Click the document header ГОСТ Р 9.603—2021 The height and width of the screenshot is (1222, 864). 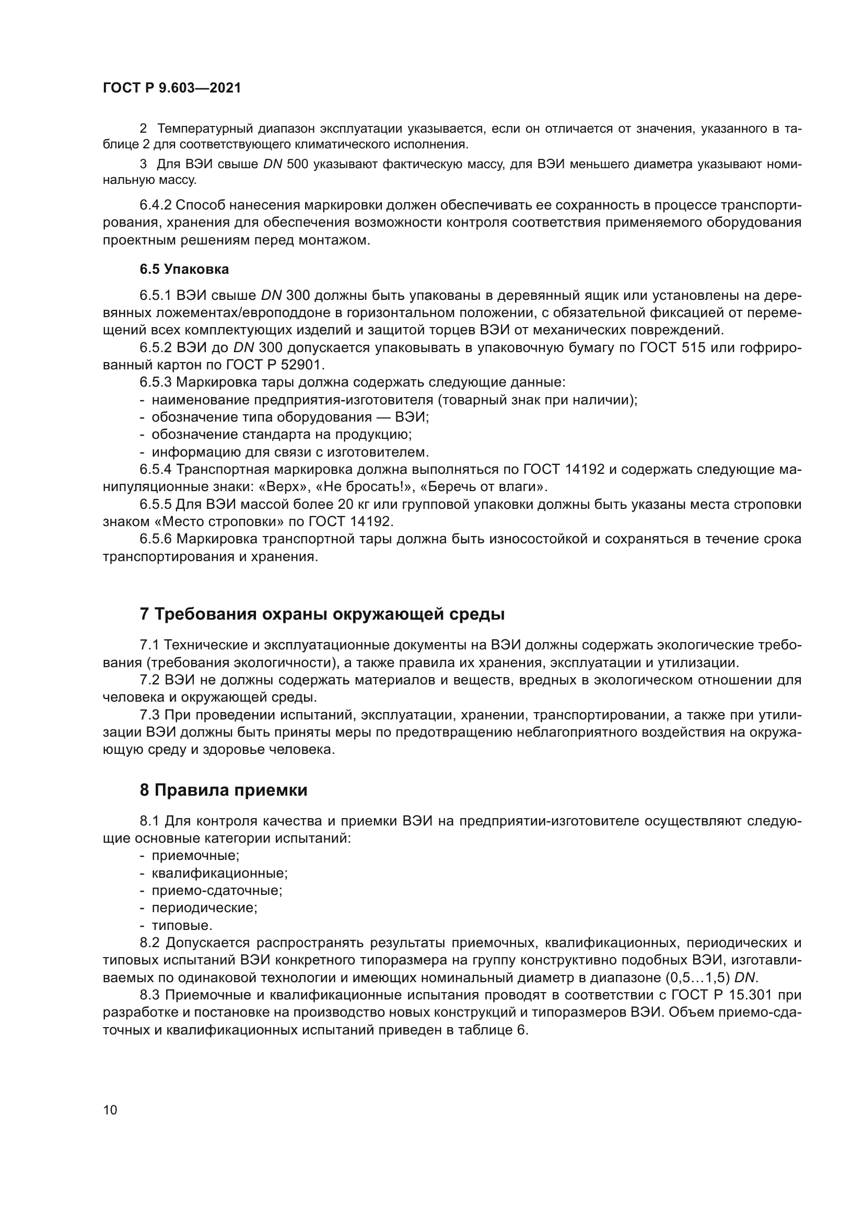(x=172, y=88)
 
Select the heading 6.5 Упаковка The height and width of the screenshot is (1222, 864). (x=184, y=269)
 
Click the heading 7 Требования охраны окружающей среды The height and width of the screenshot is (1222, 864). (x=322, y=614)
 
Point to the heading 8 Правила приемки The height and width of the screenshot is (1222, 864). (x=224, y=790)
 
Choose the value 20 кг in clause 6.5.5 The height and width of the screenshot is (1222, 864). (x=351, y=504)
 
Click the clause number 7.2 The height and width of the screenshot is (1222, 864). (x=150, y=680)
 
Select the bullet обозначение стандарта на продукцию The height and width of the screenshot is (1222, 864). (x=282, y=435)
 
